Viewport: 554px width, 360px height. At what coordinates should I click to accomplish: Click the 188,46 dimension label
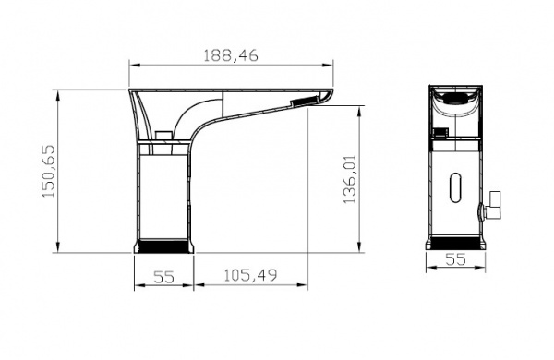pos(231,55)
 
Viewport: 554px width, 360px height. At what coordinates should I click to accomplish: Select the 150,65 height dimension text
pos(49,171)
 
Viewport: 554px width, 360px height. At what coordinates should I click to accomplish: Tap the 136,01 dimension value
pos(350,179)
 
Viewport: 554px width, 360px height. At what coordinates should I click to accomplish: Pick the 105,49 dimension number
pos(250,275)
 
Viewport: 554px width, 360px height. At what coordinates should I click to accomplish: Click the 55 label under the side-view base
pos(163,277)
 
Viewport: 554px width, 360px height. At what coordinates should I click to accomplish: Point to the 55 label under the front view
pos(455,259)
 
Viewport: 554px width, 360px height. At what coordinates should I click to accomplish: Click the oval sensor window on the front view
pos(456,187)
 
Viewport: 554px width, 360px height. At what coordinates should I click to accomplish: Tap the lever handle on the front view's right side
pos(491,205)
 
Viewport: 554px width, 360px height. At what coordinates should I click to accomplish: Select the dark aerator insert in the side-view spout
pos(303,101)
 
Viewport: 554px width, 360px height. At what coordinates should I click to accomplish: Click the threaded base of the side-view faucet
pos(164,246)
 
